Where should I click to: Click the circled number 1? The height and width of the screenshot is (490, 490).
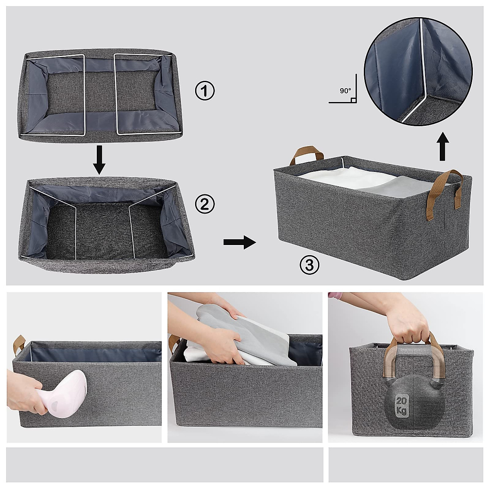pos(205,91)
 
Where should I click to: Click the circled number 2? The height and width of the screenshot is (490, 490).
pos(205,204)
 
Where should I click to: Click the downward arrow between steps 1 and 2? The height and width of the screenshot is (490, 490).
pos(99,161)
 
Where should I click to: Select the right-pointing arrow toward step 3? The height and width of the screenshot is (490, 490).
pos(239,242)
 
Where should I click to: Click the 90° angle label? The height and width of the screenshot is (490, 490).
pos(345,91)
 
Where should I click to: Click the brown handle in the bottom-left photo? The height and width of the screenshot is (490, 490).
pos(19,345)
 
